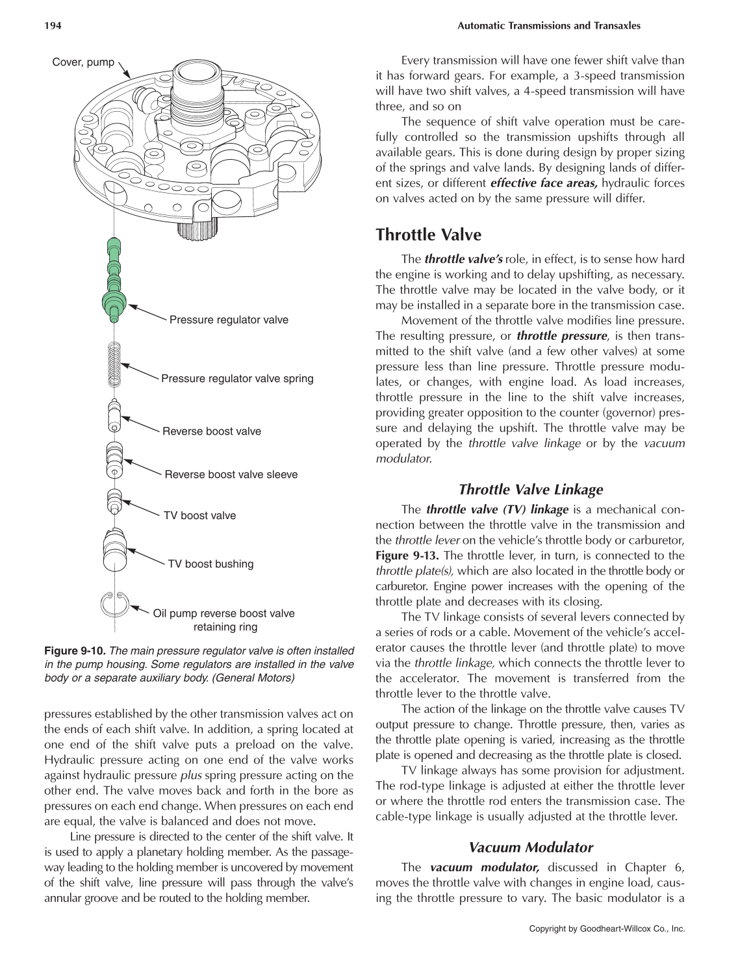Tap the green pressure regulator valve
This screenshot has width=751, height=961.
tap(114, 279)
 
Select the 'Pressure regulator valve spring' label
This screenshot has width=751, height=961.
tap(237, 378)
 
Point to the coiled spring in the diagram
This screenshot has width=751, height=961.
tap(114, 364)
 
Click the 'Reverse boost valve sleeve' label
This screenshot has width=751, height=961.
tap(231, 474)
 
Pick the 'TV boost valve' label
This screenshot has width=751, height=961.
tap(199, 515)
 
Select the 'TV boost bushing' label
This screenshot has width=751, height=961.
tap(210, 564)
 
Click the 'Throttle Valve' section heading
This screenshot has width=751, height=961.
tap(428, 235)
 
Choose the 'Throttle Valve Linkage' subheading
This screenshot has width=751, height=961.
tap(530, 489)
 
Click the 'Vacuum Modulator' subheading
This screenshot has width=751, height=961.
tap(530, 847)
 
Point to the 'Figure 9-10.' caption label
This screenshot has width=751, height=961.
tap(74, 650)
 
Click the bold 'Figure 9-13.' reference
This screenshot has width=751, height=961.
tap(407, 556)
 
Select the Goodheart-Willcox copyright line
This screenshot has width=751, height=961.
tap(607, 929)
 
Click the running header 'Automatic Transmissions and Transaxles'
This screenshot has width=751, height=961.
tap(549, 26)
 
